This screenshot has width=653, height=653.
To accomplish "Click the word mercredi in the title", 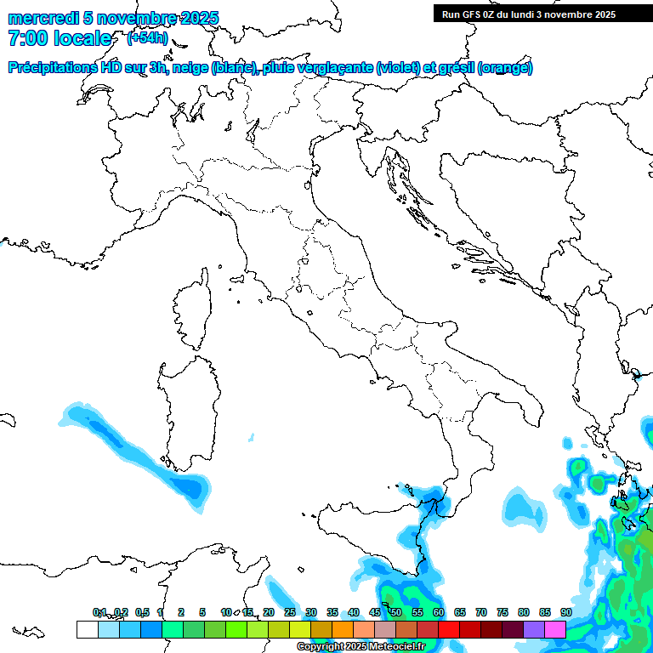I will (x=43, y=18).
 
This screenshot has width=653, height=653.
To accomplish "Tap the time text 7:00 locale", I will (x=60, y=38).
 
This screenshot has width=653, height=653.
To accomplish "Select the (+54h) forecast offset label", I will (x=147, y=38).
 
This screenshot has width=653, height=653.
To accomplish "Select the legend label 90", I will (x=565, y=612).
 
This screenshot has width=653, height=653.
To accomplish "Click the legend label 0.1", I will (x=99, y=612).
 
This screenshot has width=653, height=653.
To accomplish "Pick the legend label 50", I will (x=395, y=612).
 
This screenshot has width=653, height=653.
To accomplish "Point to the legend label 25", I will (x=289, y=612).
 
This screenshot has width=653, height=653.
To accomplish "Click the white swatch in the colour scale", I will (x=87, y=629).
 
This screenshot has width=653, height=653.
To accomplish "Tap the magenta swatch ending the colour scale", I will (x=555, y=629).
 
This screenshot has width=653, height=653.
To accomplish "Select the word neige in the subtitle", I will (x=190, y=68).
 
